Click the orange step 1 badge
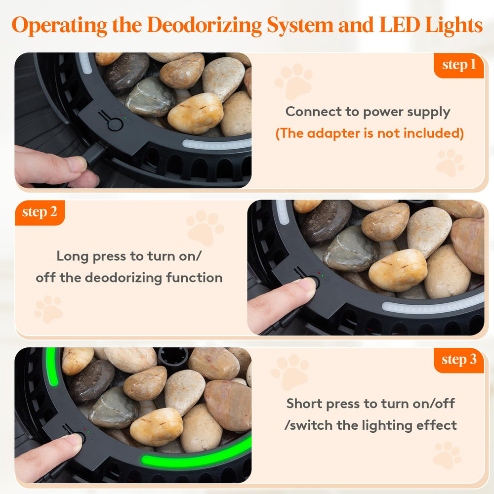[459, 65]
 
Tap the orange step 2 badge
[40, 212]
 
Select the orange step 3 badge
[459, 360]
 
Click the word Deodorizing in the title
[204, 25]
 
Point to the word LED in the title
[399, 25]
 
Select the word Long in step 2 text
[73, 257]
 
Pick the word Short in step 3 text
[305, 404]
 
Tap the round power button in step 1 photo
[115, 124]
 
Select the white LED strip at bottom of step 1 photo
[217, 144]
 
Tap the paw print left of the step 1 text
[294, 81]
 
